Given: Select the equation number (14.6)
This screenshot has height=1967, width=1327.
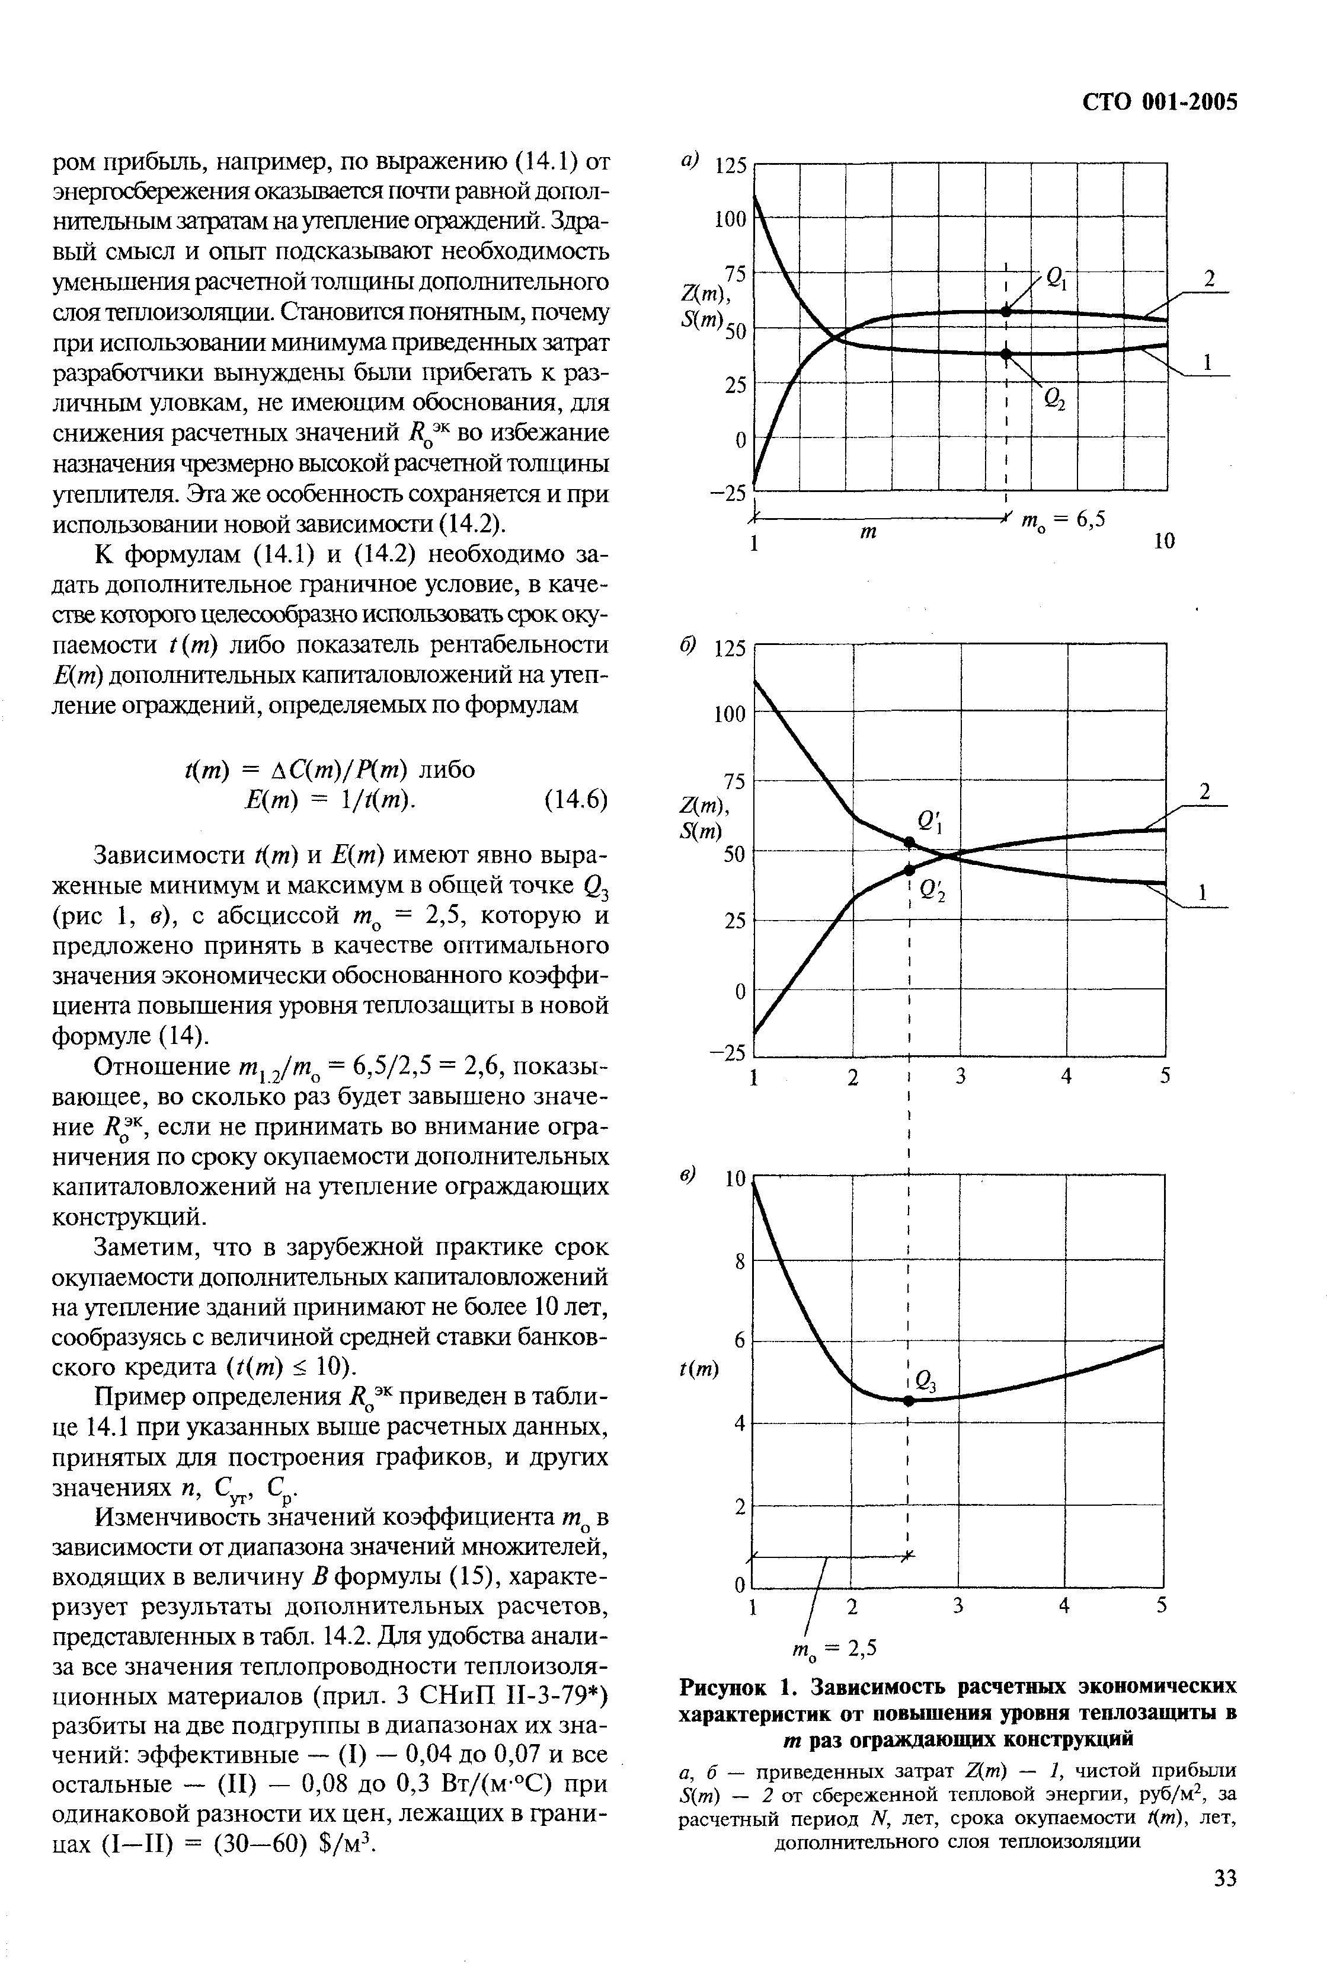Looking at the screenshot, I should (575, 800).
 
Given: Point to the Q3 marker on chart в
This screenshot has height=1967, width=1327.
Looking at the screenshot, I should (909, 1401).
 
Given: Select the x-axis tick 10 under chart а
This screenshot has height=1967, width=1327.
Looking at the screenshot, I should (1165, 542).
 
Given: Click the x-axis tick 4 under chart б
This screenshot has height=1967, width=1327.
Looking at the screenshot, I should (1066, 1077).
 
